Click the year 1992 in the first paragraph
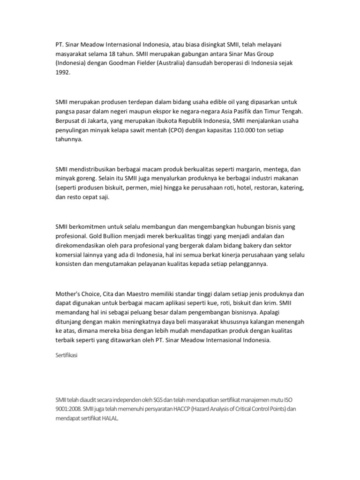pos(62,73)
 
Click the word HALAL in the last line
pos(110,417)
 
